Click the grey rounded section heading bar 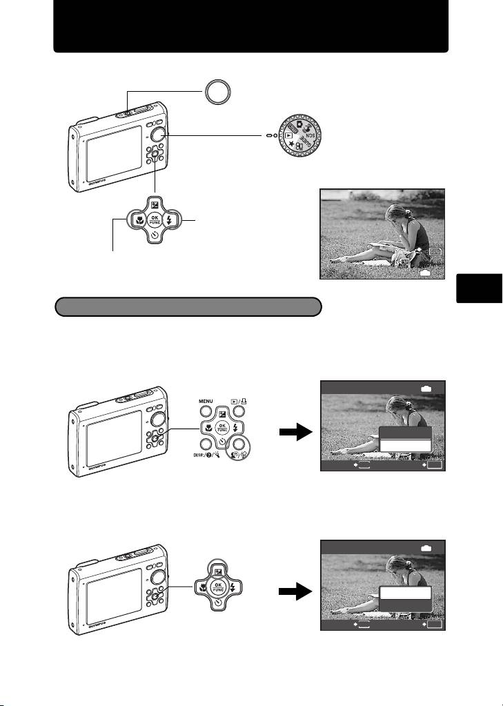click(188, 306)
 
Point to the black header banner click(251, 26)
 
